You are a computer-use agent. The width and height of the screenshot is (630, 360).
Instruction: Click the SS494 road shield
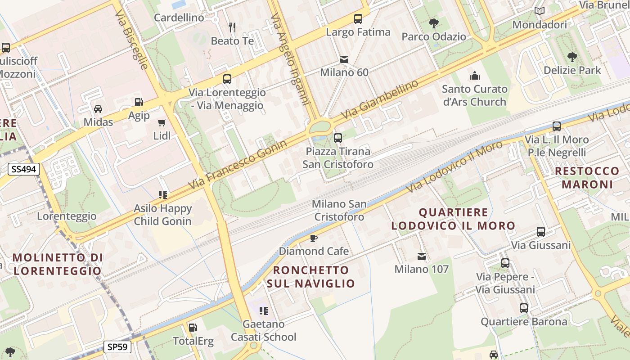click(24, 169)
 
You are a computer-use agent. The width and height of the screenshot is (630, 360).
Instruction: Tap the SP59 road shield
click(117, 347)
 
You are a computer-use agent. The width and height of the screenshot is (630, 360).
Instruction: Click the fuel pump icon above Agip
click(139, 103)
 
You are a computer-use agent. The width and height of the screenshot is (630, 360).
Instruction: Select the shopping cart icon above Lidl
click(162, 122)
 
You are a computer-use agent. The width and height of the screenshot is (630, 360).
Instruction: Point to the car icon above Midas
click(98, 108)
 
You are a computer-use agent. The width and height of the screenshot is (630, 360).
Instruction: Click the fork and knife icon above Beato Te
click(232, 27)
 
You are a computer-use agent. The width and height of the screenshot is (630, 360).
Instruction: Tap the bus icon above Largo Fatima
click(358, 19)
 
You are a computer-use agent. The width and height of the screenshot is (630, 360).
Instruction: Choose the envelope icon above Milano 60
click(344, 59)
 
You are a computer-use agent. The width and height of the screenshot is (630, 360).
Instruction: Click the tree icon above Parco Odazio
click(434, 23)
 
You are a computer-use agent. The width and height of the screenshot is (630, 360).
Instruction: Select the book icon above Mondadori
click(540, 11)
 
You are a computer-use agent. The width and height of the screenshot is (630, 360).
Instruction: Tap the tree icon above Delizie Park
click(572, 57)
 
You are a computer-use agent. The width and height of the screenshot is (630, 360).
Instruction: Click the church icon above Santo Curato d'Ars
click(475, 76)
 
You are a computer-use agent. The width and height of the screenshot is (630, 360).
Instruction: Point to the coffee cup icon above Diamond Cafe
click(314, 238)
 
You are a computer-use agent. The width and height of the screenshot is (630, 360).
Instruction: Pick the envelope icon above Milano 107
click(422, 256)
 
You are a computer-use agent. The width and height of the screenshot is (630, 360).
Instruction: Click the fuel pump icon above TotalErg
click(193, 328)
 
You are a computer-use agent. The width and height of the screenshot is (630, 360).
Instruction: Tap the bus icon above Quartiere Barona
click(524, 308)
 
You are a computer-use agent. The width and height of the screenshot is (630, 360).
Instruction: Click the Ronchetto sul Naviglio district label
click(311, 276)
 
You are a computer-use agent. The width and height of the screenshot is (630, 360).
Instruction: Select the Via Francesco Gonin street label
click(238, 165)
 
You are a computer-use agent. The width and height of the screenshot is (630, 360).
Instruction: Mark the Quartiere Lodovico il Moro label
click(453, 219)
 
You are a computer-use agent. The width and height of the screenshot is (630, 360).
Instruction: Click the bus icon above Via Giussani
click(541, 232)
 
